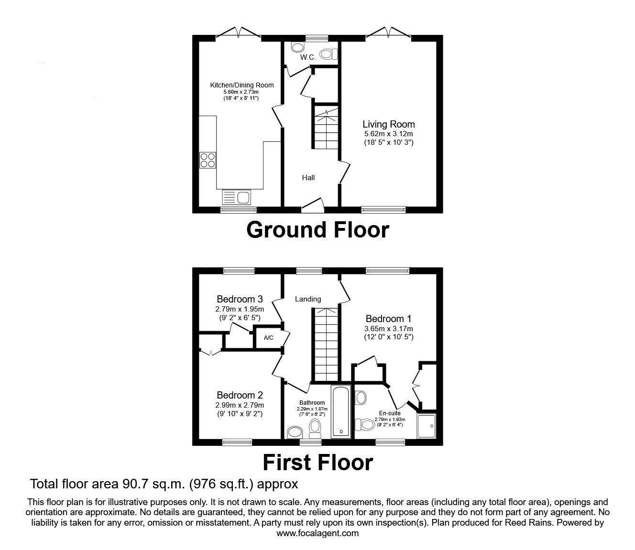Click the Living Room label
[388, 124]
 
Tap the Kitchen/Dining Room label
[242, 85]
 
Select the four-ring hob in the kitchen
[207, 160]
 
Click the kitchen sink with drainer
[236, 197]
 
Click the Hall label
[308, 178]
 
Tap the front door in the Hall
[313, 205]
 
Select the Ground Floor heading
[317, 230]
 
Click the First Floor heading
[317, 463]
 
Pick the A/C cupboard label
[269, 338]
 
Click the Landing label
[307, 299]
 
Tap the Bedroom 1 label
[388, 319]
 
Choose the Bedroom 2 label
[240, 395]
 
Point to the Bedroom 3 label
[240, 299]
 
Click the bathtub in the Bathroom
[341, 411]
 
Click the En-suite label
[390, 413]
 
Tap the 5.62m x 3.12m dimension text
[388, 134]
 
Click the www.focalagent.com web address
[317, 533]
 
